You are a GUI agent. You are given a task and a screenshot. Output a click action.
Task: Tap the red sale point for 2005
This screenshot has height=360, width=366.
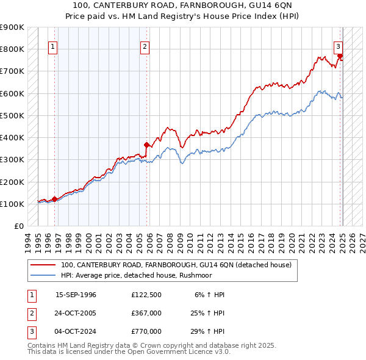pyautogui.click(x=146, y=145)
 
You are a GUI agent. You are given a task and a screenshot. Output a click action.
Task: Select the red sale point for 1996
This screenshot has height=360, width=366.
pyautogui.click(x=54, y=198)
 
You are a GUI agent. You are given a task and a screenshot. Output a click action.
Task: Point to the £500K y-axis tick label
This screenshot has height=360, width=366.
pyautogui.click(x=12, y=115)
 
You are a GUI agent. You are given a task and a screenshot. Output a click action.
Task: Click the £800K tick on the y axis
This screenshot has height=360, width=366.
pyautogui.click(x=12, y=49)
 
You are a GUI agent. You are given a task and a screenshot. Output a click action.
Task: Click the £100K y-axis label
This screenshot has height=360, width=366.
pyautogui.click(x=12, y=204)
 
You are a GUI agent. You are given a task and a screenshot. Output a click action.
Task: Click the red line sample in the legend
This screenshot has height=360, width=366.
pyautogui.click(x=43, y=265)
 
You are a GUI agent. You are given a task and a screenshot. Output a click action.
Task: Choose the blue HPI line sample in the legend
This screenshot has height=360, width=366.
pyautogui.click(x=43, y=275)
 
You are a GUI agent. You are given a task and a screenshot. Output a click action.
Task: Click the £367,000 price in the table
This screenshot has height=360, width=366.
pyautogui.click(x=146, y=313)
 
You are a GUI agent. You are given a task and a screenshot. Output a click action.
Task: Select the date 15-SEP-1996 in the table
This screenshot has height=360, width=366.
pyautogui.click(x=76, y=295)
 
